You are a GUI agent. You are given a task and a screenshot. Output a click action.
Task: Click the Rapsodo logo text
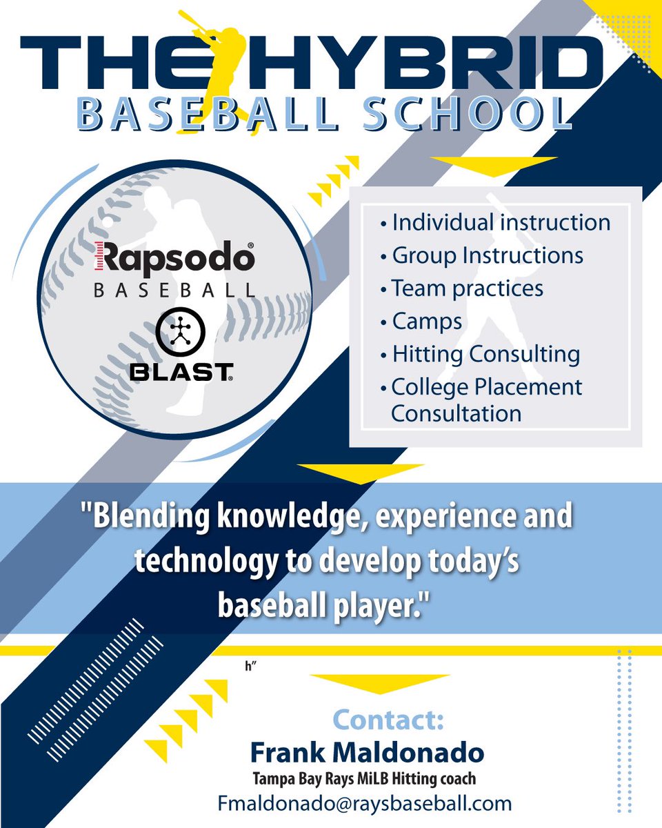point(174,259)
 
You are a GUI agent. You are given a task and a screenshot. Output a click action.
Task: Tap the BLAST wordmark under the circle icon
point(181,373)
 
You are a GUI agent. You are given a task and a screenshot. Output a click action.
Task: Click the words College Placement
point(487,387)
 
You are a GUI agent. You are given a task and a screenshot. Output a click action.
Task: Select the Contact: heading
point(388,719)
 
